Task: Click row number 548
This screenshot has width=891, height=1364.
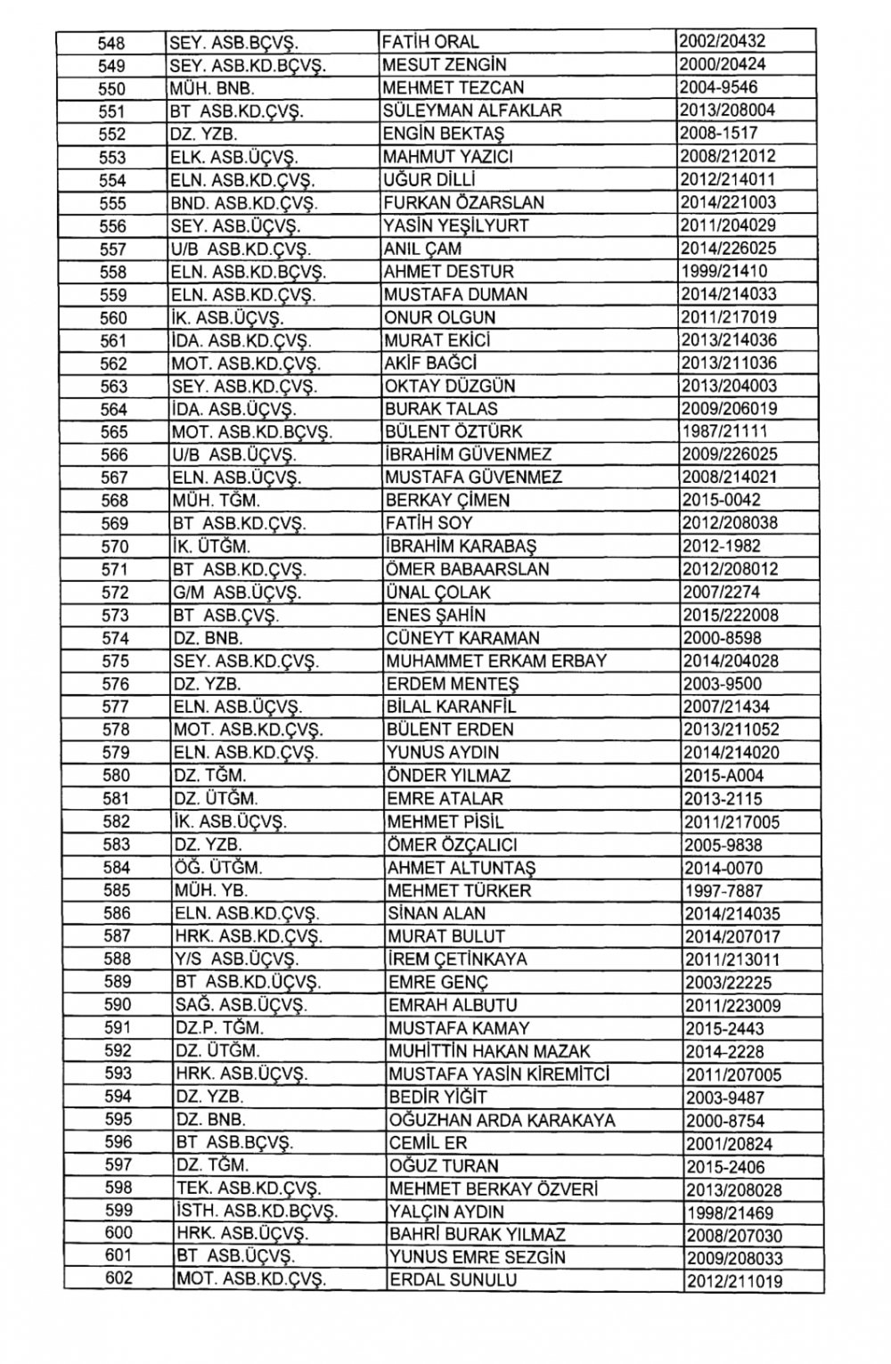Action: pos(112,42)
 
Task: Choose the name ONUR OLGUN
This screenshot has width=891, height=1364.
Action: pos(439,317)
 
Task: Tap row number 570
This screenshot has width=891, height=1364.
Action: pos(115,546)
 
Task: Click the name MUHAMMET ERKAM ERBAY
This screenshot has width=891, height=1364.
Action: pos(496,661)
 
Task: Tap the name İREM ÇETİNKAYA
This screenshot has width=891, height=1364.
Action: pos(457,960)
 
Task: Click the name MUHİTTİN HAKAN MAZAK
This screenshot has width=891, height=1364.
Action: pos(489,1051)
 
